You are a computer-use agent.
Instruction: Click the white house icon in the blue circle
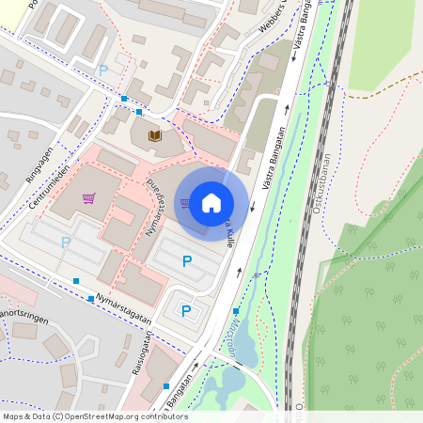tap(211, 202)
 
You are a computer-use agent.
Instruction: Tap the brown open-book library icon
tap(154, 137)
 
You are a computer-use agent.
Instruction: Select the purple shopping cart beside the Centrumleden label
tap(88, 198)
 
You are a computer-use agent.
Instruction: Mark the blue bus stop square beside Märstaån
tap(236, 311)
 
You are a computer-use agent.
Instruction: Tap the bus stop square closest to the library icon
tap(139, 112)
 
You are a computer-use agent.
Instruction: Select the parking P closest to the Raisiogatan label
tap(186, 311)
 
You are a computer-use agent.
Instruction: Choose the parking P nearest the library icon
tap(103, 70)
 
